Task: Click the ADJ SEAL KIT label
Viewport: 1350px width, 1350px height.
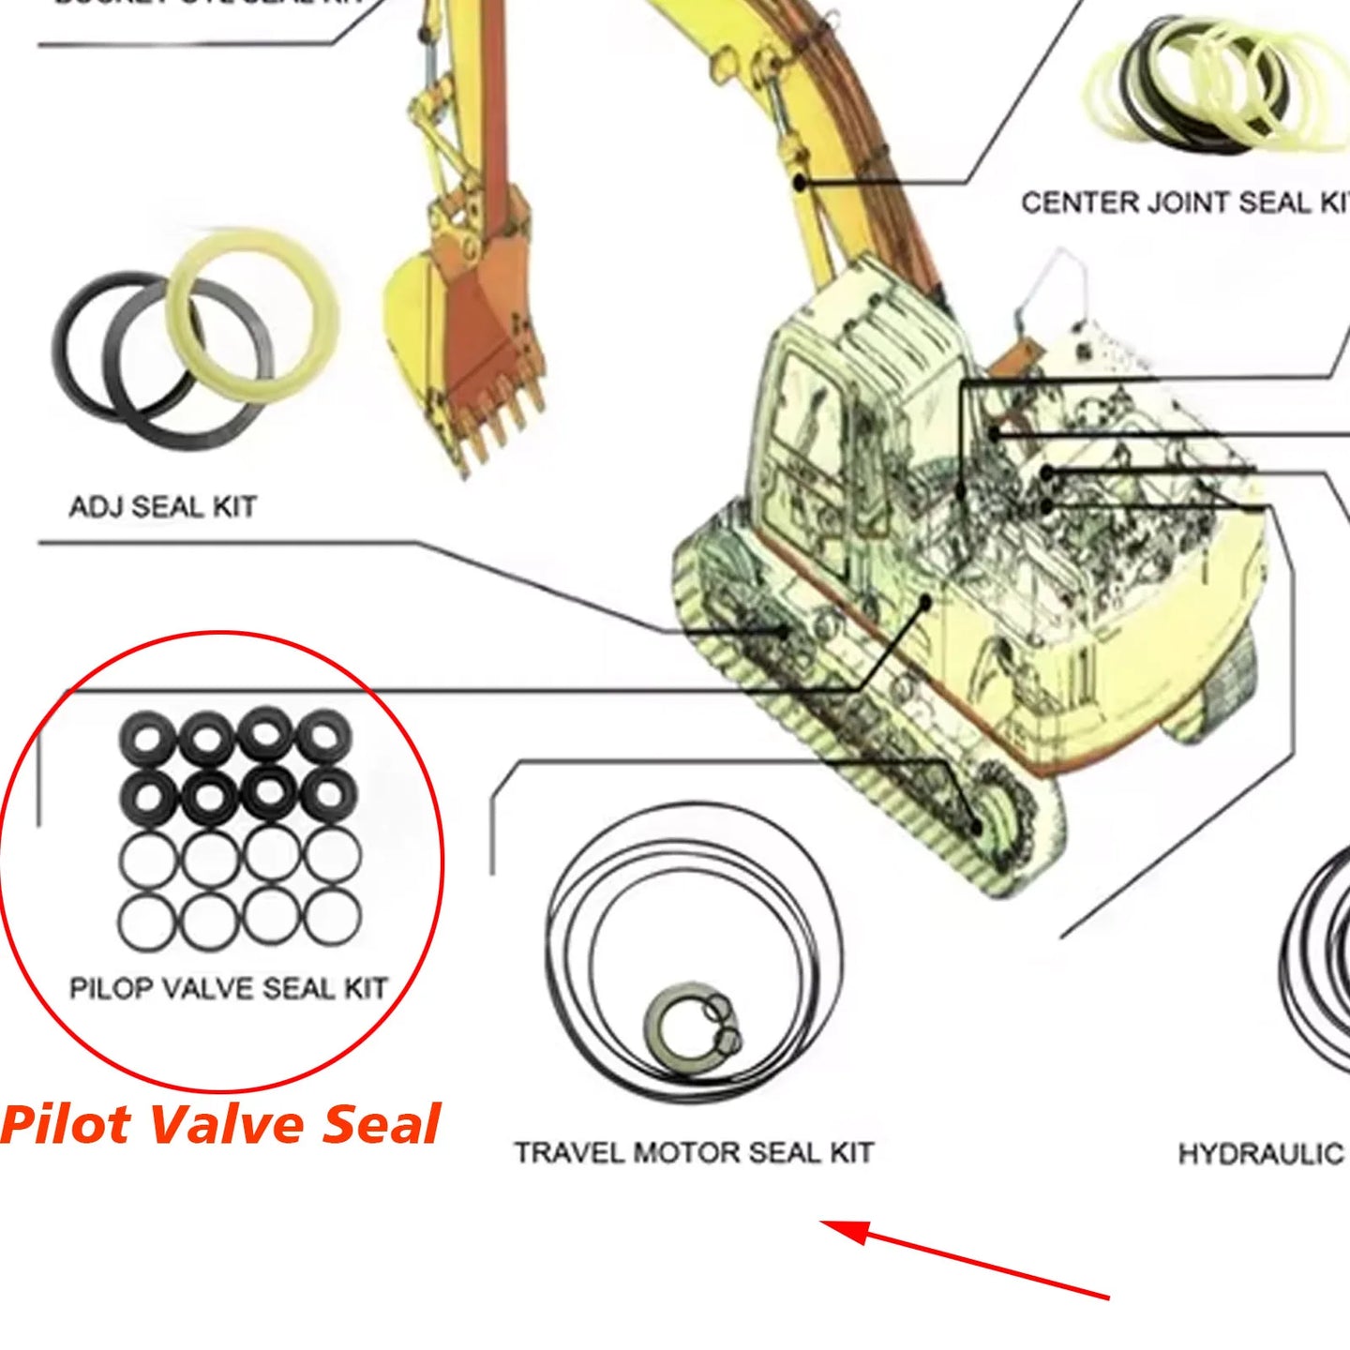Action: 162,507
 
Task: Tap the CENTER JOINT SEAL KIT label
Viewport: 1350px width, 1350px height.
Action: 1183,202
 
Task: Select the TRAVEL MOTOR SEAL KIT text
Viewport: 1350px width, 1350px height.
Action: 694,1152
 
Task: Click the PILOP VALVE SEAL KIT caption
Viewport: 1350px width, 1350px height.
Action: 228,988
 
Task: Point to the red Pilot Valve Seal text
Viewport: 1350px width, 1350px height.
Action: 220,1124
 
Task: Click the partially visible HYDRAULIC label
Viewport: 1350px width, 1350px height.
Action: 1262,1153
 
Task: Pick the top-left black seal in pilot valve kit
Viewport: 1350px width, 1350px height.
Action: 147,737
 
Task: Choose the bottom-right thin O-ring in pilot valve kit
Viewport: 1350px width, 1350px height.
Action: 332,918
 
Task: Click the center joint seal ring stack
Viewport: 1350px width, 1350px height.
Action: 1209,84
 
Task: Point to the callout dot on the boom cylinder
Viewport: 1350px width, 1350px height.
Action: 799,182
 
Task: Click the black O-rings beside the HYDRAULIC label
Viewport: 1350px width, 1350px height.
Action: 1317,956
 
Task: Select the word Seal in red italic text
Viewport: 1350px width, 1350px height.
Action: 382,1124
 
